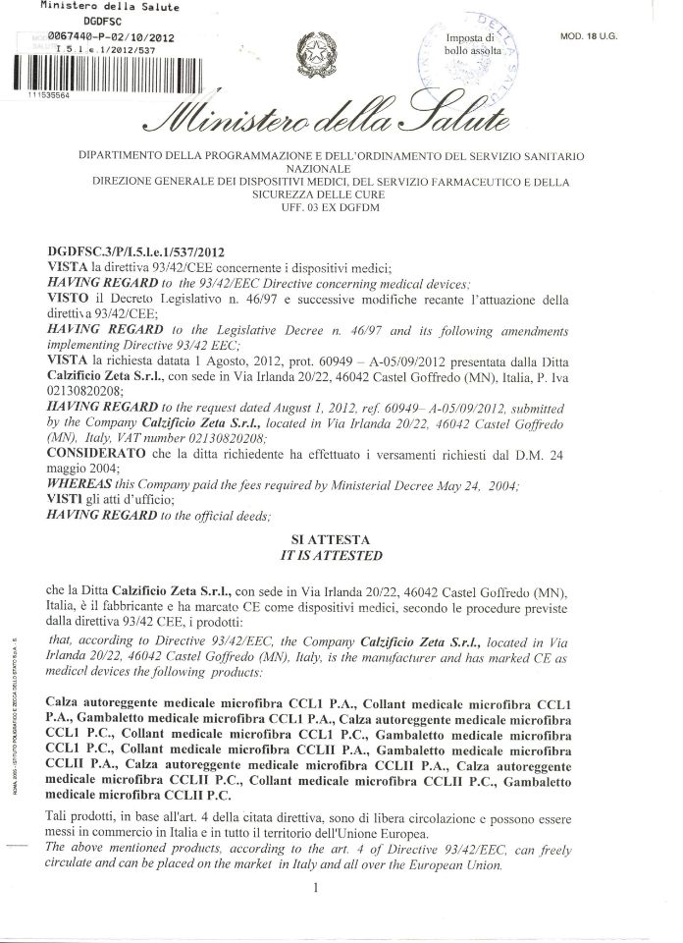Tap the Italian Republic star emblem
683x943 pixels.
pyautogui.click(x=319, y=50)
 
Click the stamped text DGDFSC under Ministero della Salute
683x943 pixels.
pyautogui.click(x=91, y=20)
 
